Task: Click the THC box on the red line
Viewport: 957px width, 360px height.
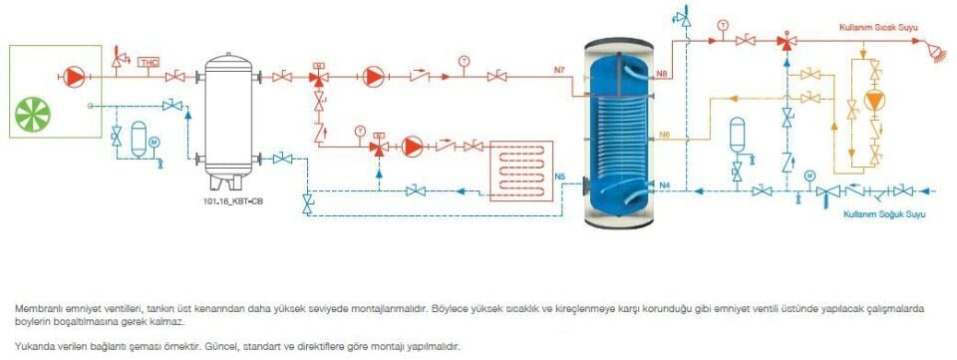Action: tap(150, 63)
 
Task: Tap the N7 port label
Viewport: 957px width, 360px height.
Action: tap(560, 69)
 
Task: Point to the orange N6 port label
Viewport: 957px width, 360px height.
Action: tap(663, 135)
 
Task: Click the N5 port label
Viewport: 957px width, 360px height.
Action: tap(560, 178)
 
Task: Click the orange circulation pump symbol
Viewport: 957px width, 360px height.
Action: tap(874, 101)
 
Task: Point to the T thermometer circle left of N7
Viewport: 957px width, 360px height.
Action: tap(464, 61)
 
